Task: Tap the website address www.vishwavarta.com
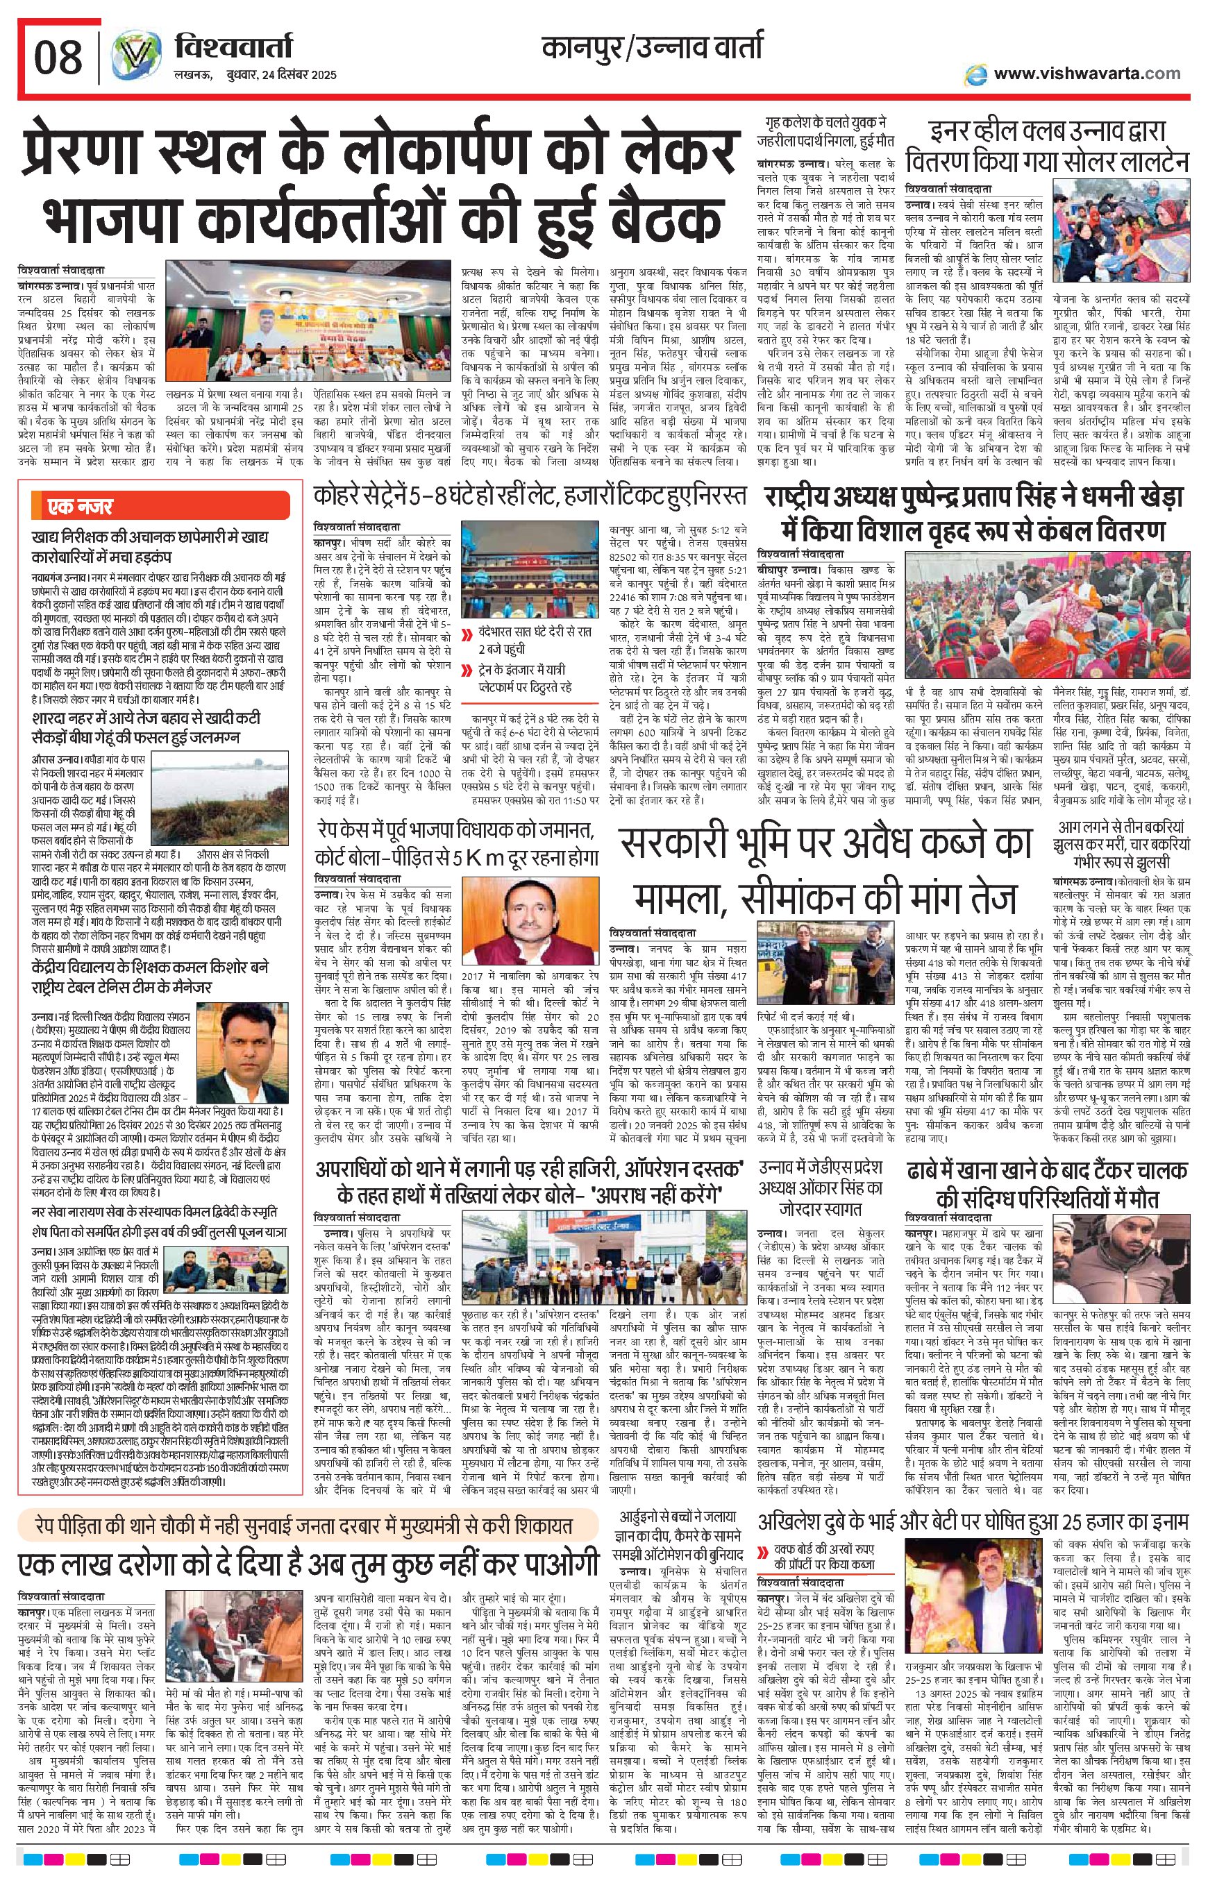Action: click(1087, 74)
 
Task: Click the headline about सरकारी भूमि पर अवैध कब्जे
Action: click(826, 870)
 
